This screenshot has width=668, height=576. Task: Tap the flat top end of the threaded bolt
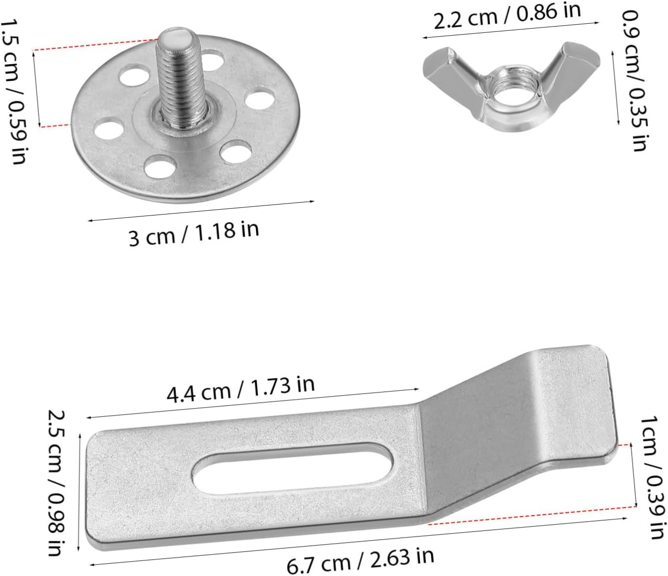175,37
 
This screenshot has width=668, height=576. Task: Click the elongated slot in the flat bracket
293,469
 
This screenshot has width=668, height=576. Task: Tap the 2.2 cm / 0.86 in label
507,17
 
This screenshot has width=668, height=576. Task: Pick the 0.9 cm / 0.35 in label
636,81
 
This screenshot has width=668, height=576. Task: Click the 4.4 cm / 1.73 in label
241,389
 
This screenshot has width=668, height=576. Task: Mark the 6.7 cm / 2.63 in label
360,561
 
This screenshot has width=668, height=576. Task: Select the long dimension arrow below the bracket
357,542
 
